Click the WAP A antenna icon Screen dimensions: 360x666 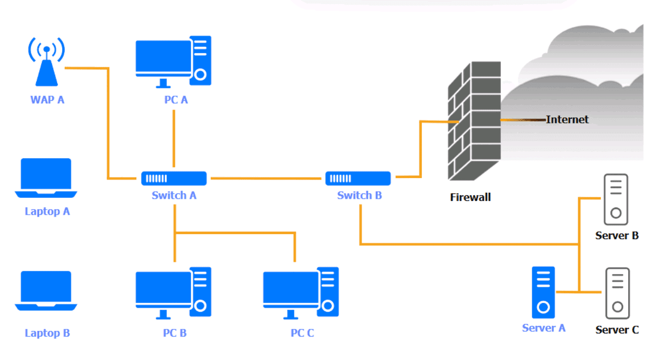pyautogui.click(x=46, y=64)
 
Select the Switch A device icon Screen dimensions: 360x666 pyautogui.click(x=174, y=178)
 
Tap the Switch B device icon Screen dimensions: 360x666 pyautogui.click(x=358, y=178)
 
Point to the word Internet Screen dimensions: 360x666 pyautogui.click(x=567, y=119)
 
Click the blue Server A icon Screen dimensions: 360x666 pyautogui.click(x=543, y=293)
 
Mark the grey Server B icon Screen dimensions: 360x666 pyautogui.click(x=616, y=199)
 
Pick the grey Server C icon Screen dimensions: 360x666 pyautogui.click(x=617, y=293)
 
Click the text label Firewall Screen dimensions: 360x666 pyautogui.click(x=470, y=197)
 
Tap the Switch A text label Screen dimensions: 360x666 pyautogui.click(x=174, y=195)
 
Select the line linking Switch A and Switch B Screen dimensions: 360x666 pyautogui.click(x=268, y=178)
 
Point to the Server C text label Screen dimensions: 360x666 pyautogui.click(x=617, y=330)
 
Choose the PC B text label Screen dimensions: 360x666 pyautogui.click(x=175, y=333)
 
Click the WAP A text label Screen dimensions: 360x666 pyautogui.click(x=47, y=99)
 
